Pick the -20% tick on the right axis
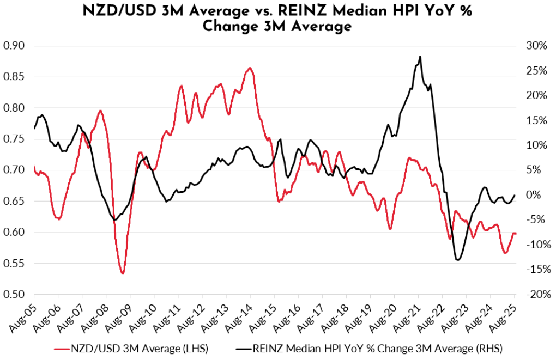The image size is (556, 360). pyautogui.click(x=535, y=295)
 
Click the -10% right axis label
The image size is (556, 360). pyautogui.click(x=535, y=245)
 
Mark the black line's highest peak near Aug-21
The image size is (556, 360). pyautogui.click(x=420, y=56)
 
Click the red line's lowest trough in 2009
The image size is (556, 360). pyautogui.click(x=123, y=273)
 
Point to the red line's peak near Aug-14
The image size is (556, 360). pyautogui.click(x=250, y=68)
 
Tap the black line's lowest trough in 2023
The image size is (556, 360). pyautogui.click(x=457, y=260)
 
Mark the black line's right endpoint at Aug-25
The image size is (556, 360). pyautogui.click(x=515, y=195)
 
